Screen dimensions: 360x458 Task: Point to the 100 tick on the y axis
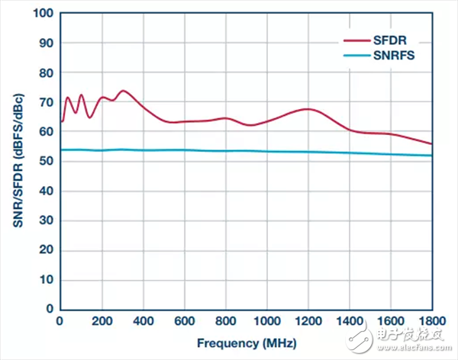[x=44, y=14]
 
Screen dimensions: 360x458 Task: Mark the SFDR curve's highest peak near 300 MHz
[x=123, y=91]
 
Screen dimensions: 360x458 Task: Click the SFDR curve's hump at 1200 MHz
[x=307, y=109]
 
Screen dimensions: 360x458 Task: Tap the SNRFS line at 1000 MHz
[x=266, y=152]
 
